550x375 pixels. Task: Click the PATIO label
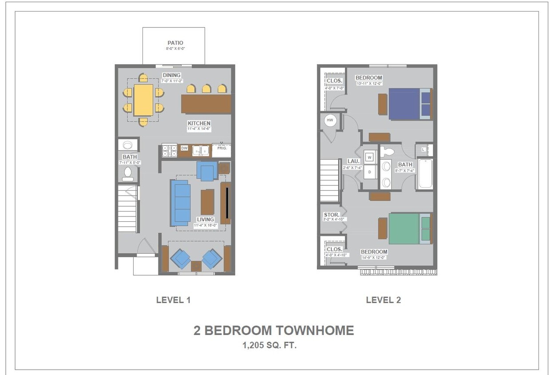(x=175, y=43)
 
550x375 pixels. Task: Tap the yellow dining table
(x=143, y=100)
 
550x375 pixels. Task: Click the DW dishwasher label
(x=184, y=148)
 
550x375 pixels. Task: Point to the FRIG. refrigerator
(x=222, y=148)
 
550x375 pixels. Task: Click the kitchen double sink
(x=201, y=151)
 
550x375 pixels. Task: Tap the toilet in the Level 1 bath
(x=128, y=173)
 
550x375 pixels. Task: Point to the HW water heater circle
(x=330, y=120)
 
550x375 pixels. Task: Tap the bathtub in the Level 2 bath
(x=425, y=174)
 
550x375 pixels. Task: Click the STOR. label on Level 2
(x=332, y=215)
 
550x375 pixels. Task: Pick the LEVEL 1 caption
(x=173, y=300)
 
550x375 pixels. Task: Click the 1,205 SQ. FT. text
(x=269, y=345)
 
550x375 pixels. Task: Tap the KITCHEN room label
(x=199, y=124)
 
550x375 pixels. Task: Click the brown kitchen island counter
(x=206, y=104)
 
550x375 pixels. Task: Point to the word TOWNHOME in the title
(x=315, y=331)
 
